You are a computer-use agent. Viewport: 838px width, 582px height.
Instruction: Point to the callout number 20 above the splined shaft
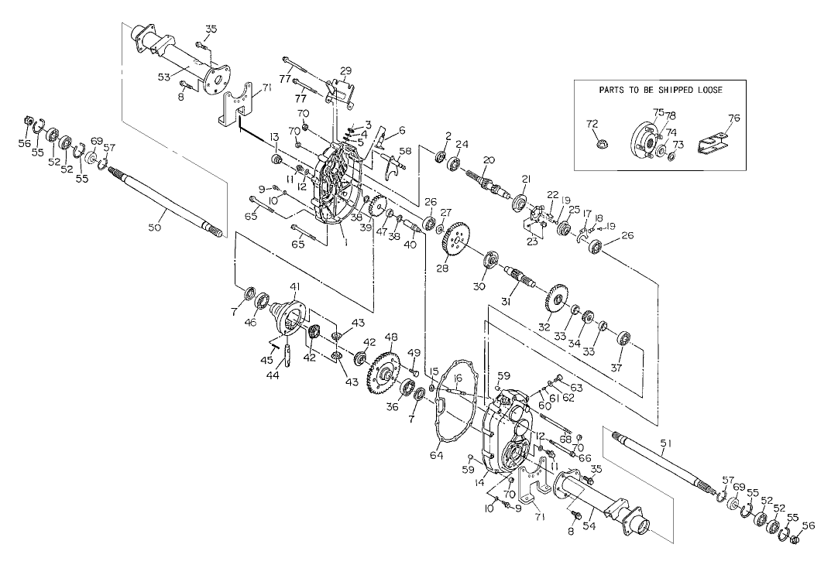click(x=488, y=159)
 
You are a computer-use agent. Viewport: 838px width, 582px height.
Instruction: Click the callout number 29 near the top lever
click(x=345, y=70)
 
